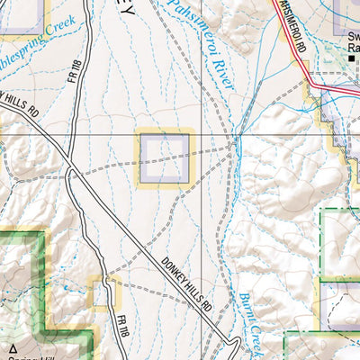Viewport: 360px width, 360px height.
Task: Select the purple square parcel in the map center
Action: tap(164, 157)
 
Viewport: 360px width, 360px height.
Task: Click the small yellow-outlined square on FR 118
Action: tap(105, 294)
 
